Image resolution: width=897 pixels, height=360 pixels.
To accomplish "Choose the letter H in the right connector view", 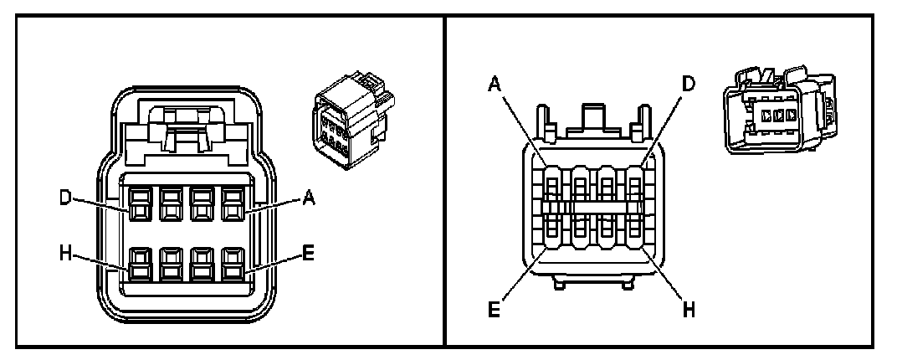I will tap(688, 311).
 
